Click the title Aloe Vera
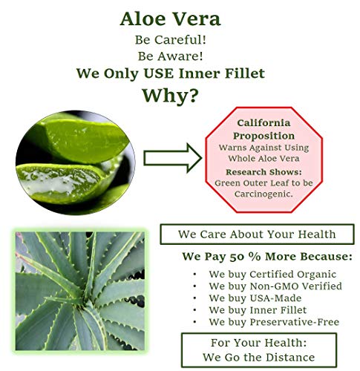pyautogui.click(x=171, y=19)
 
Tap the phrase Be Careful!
pyautogui.click(x=171, y=40)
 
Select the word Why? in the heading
pyautogui.click(x=171, y=96)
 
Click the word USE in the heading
pyautogui.click(x=159, y=73)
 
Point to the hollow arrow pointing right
pyautogui.click(x=173, y=158)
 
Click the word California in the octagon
pyautogui.click(x=264, y=123)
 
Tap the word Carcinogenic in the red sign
pyautogui.click(x=264, y=194)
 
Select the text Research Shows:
pyautogui.click(x=264, y=172)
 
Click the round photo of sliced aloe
pyautogui.click(x=76, y=162)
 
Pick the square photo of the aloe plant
pyautogui.click(x=79, y=291)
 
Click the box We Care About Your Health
pyautogui.click(x=258, y=234)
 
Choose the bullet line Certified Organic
pyautogui.click(x=272, y=275)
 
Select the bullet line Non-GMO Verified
pyautogui.click(x=275, y=286)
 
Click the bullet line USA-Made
pyautogui.click(x=255, y=298)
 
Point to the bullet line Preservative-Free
pyautogui.click(x=274, y=322)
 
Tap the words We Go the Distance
pyautogui.click(x=259, y=358)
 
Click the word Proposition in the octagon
pyautogui.click(x=264, y=136)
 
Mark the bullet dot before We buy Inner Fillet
pyautogui.click(x=195, y=310)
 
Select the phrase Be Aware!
pyautogui.click(x=171, y=56)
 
